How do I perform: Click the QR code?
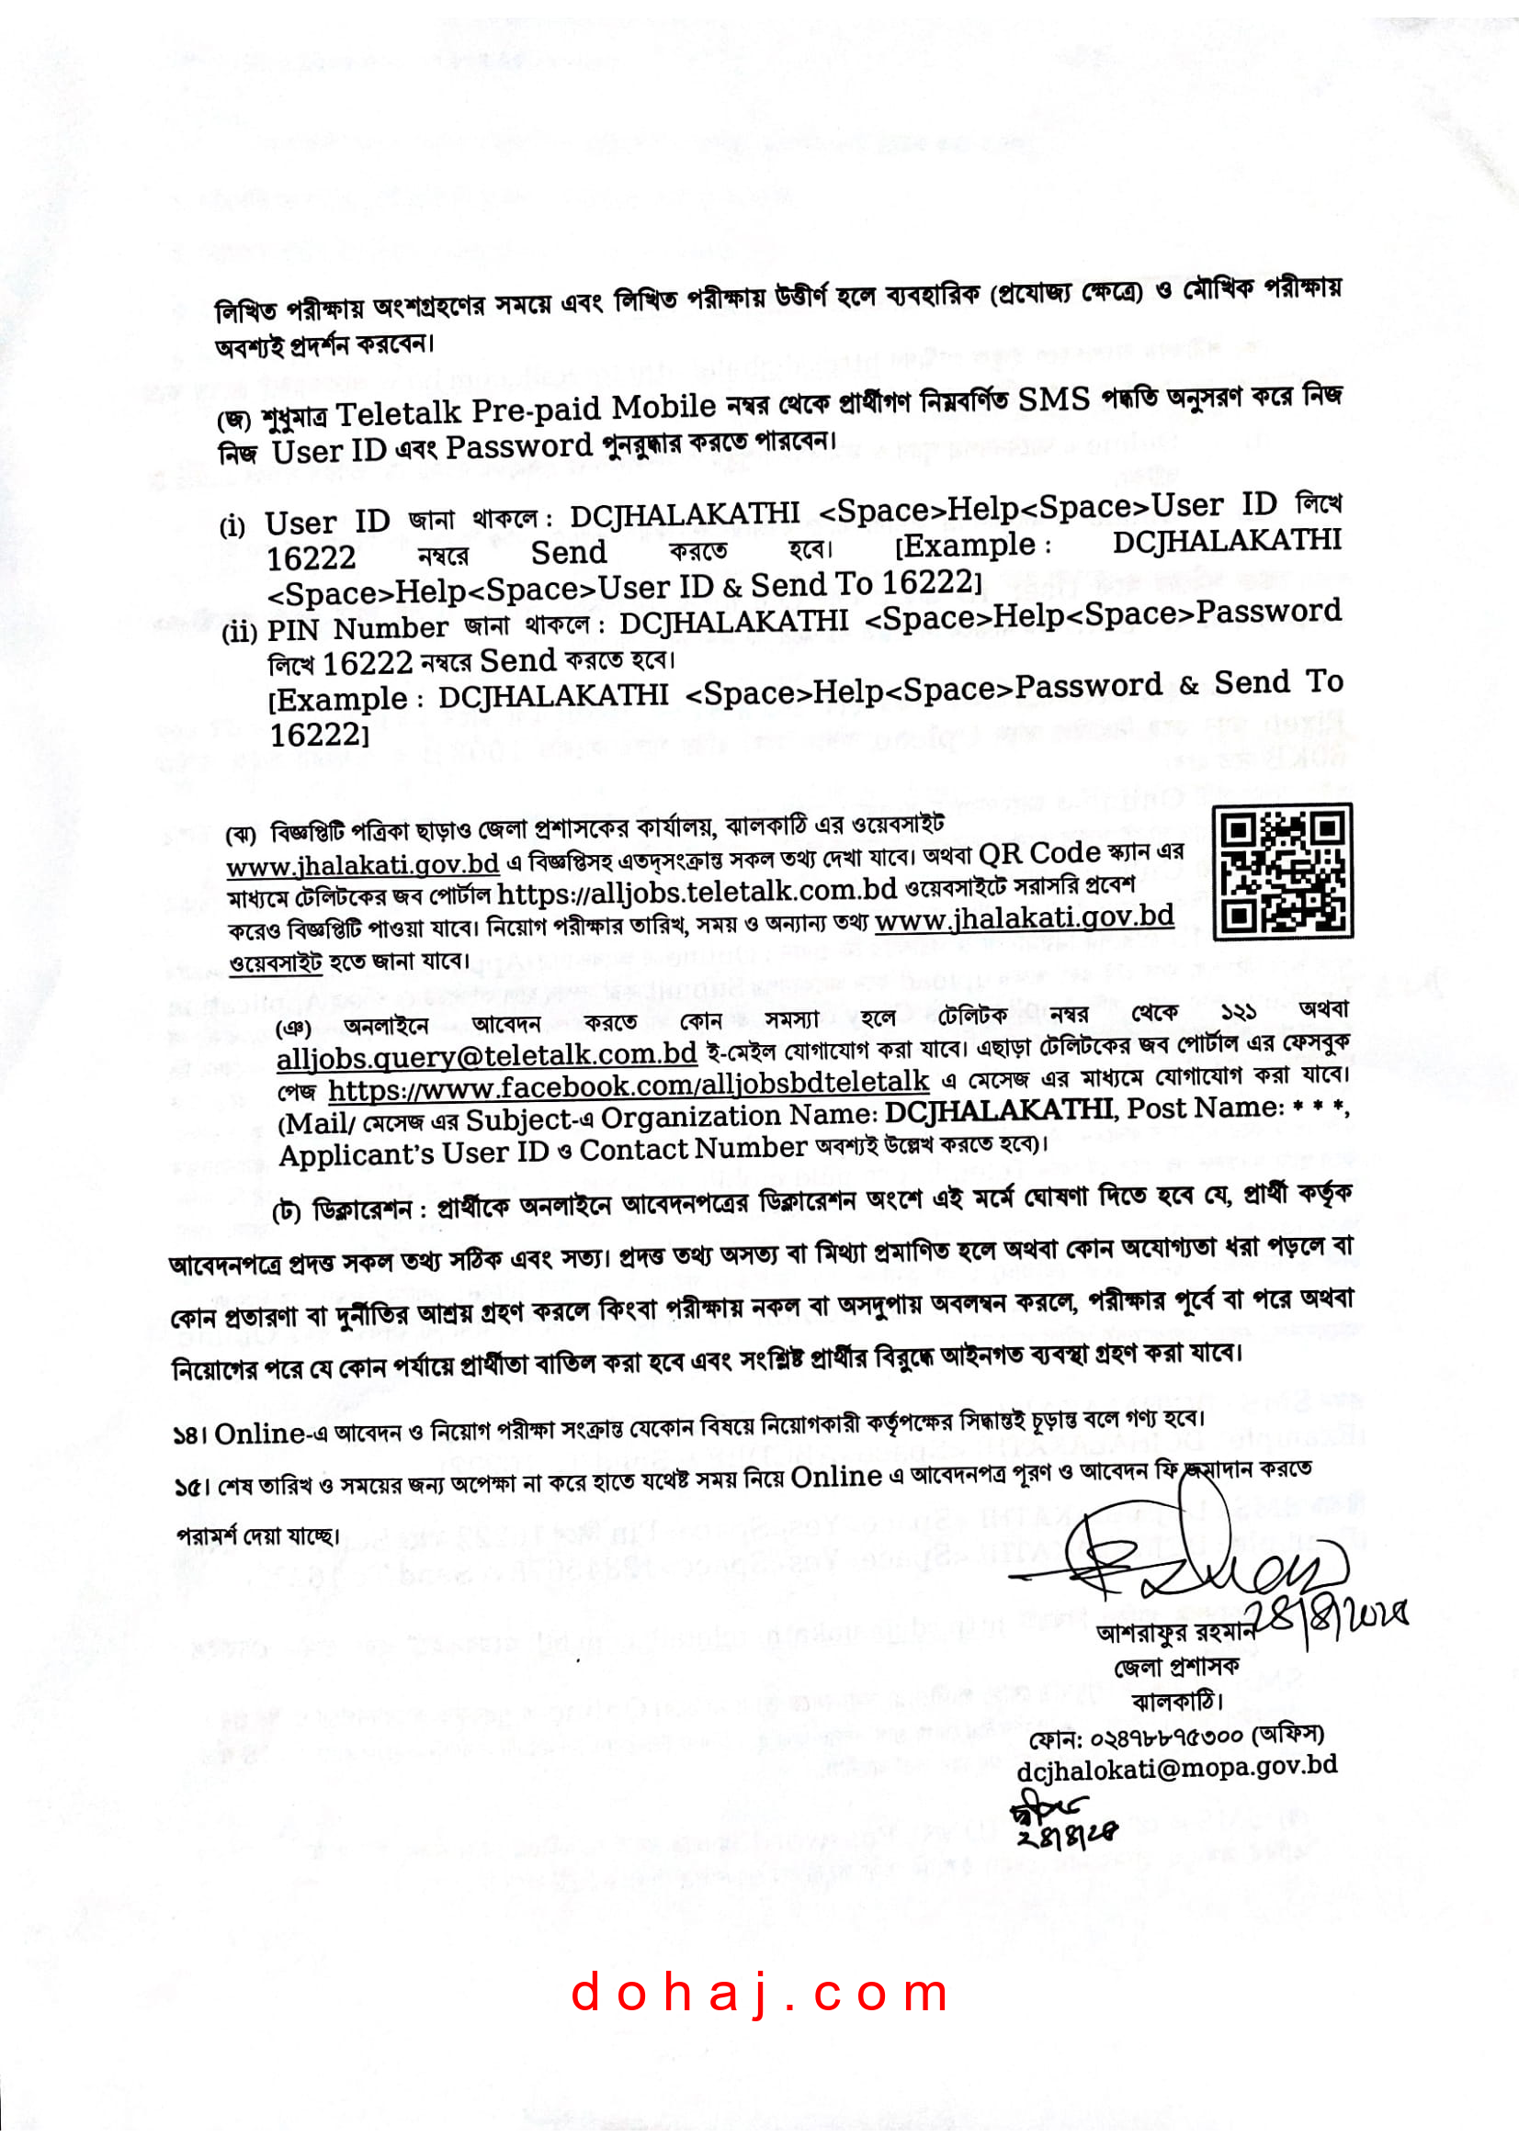point(1281,872)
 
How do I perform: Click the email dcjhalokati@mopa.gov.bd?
point(1175,1767)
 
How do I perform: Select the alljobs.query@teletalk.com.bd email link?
point(487,1054)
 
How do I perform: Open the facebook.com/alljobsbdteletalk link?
point(628,1086)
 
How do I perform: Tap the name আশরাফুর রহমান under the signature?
point(1173,1633)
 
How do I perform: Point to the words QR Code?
point(1039,853)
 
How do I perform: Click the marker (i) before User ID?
point(232,526)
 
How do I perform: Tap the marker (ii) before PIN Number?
point(240,633)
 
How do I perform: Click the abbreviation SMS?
point(1054,400)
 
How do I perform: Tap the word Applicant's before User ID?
point(356,1155)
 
